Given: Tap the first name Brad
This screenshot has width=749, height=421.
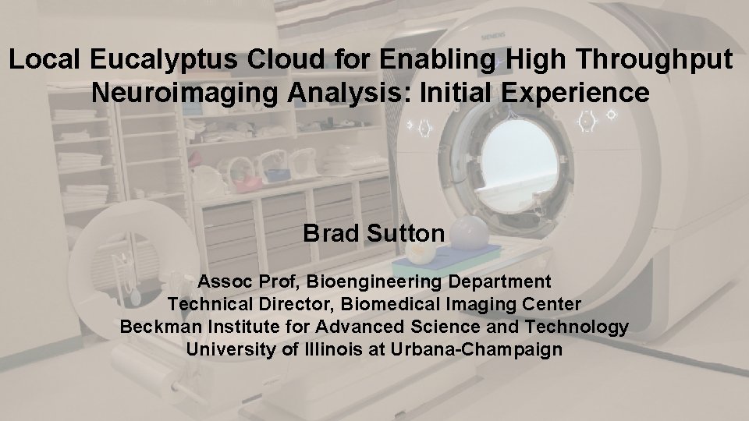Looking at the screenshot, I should [328, 233].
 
